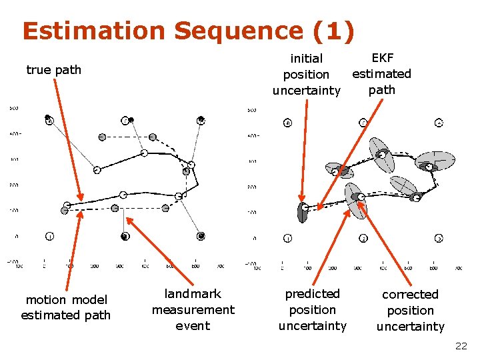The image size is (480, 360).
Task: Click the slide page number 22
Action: [x=461, y=346]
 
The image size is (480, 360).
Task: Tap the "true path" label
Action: [x=53, y=69]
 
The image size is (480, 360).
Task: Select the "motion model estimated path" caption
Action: [x=65, y=307]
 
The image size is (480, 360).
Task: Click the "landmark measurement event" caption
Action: [x=193, y=309]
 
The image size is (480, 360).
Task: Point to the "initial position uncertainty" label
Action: [x=306, y=74]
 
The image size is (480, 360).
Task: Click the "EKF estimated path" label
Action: [x=381, y=73]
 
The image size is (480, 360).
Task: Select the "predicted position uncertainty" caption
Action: [x=312, y=309]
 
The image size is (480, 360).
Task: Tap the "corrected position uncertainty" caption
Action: [x=410, y=310]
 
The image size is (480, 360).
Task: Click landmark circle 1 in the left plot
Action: [x=49, y=236]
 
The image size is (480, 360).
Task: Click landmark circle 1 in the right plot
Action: [x=287, y=238]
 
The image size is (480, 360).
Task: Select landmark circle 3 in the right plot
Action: [x=439, y=238]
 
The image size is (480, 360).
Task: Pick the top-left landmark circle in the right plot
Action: [x=287, y=123]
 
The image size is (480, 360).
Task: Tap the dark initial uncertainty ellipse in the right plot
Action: [x=303, y=211]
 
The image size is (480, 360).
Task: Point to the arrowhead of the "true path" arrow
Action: [x=81, y=198]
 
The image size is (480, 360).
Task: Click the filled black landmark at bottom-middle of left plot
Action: [x=125, y=236]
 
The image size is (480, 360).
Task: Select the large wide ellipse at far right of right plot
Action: [x=435, y=161]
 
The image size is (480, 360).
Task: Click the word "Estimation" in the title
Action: [x=85, y=31]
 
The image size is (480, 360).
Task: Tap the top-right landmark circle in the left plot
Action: [x=201, y=120]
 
